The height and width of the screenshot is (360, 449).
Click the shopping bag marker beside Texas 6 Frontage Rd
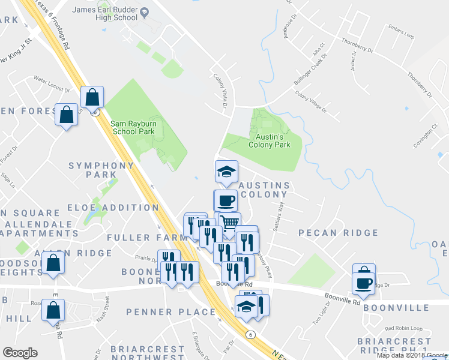pyautogui.click(x=92, y=97)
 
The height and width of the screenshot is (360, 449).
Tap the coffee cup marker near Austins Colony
pyautogui.click(x=226, y=200)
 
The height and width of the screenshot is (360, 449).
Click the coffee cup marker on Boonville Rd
pyautogui.click(x=364, y=282)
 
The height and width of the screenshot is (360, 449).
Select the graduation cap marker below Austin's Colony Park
pyautogui.click(x=226, y=172)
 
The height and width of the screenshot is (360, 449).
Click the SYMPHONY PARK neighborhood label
pyautogui.click(x=101, y=170)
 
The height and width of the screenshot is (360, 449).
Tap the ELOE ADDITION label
pyautogui.click(x=121, y=208)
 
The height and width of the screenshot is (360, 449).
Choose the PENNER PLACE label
pyautogui.click(x=170, y=312)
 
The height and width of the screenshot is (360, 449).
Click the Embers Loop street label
pyautogui.click(x=402, y=35)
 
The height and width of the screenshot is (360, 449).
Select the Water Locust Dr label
pyautogui.click(x=52, y=84)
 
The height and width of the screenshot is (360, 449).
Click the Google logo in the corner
pyautogui.click(x=20, y=353)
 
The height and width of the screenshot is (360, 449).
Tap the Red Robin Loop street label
pyautogui.click(x=403, y=328)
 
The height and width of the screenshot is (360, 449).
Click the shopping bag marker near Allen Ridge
pyautogui.click(x=53, y=263)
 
